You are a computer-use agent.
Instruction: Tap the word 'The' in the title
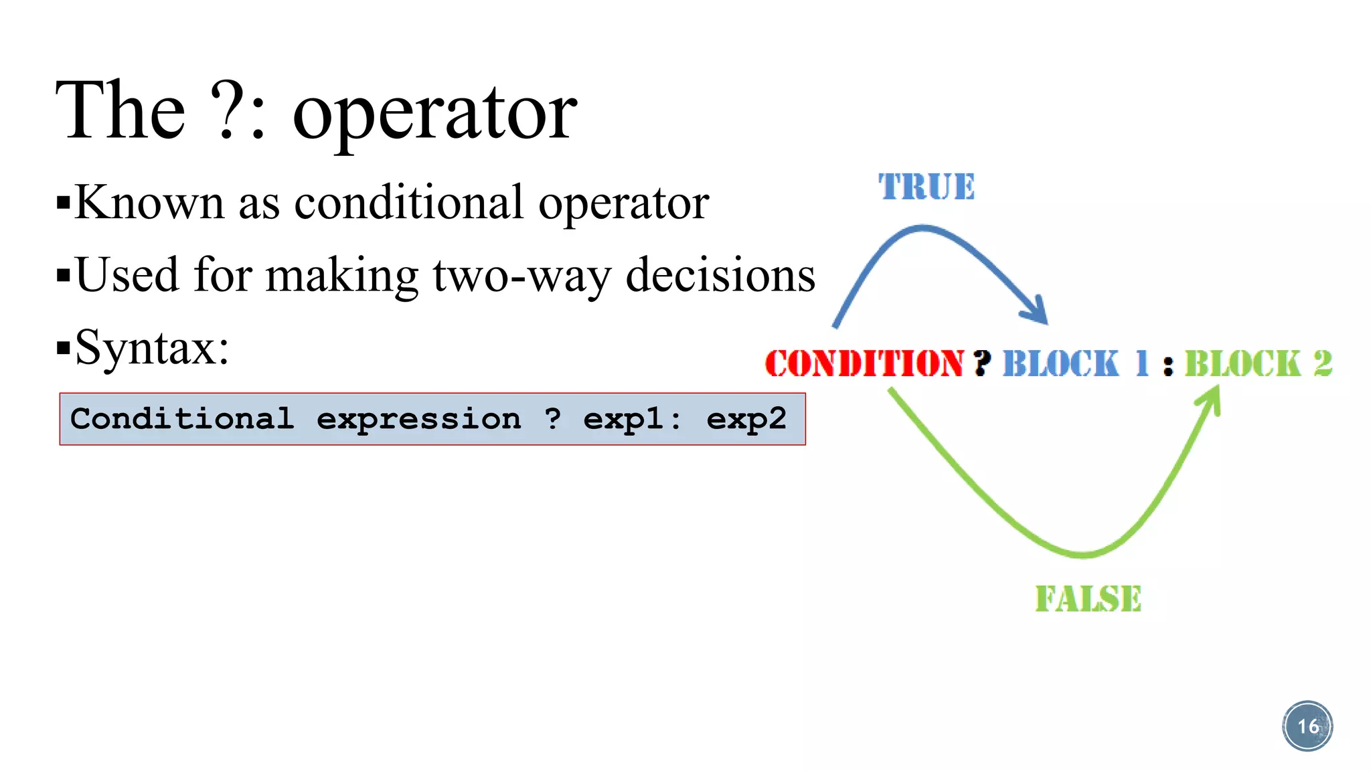120,110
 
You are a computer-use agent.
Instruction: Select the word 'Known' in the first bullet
149,202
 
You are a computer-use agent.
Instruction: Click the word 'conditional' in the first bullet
408,202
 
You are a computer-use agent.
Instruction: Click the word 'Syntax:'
152,348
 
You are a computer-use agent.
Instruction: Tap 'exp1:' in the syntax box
632,420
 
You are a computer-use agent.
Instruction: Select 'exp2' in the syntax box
746,420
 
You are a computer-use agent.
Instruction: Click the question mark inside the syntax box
553,418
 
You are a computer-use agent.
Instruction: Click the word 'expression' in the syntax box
418,420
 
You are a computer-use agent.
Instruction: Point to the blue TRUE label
926,187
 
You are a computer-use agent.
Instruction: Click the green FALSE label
1088,599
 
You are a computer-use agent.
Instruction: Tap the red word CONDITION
864,364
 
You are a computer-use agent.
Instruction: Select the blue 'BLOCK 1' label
1075,364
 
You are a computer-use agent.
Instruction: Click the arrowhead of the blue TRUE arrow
1037,311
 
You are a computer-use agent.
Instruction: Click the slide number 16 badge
1307,726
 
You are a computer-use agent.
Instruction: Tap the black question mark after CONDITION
982,363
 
